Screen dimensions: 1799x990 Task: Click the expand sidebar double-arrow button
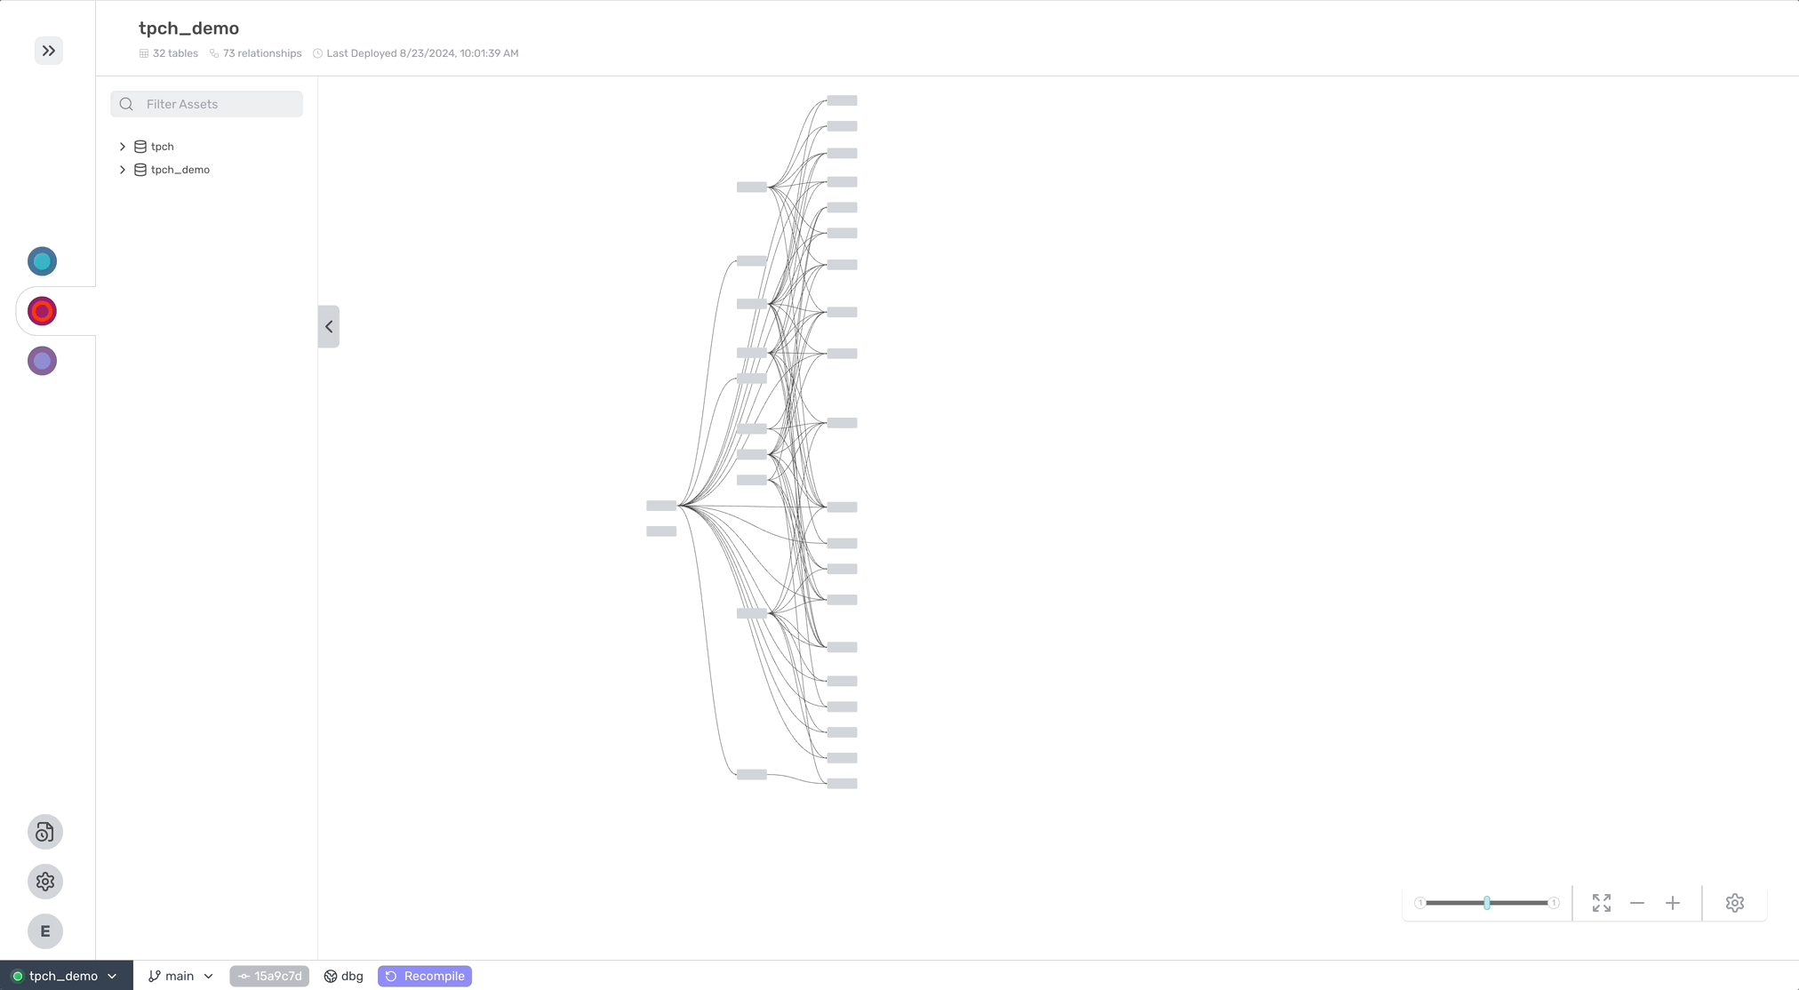(49, 51)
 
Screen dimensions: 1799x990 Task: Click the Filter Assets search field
(206, 104)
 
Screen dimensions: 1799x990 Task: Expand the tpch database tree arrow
(123, 147)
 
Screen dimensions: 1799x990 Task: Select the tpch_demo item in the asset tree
(180, 170)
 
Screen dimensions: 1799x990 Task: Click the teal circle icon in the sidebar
(42, 261)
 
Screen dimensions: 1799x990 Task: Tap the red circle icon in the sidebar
(42, 311)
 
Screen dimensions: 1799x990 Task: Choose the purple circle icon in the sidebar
(42, 361)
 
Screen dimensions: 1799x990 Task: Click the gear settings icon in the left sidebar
(45, 882)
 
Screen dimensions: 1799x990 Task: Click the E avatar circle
(45, 931)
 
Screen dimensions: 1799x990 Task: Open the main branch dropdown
(180, 976)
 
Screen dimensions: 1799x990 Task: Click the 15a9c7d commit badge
(269, 976)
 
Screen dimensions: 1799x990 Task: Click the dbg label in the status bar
(352, 976)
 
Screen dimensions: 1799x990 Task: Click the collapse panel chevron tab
(329, 326)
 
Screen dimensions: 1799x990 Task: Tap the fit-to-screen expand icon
(1602, 903)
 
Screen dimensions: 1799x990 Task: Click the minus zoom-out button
(1637, 903)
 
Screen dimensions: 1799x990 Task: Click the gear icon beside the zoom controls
(1735, 903)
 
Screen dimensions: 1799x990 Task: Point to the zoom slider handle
(1487, 903)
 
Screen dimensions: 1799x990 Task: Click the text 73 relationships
(262, 53)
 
